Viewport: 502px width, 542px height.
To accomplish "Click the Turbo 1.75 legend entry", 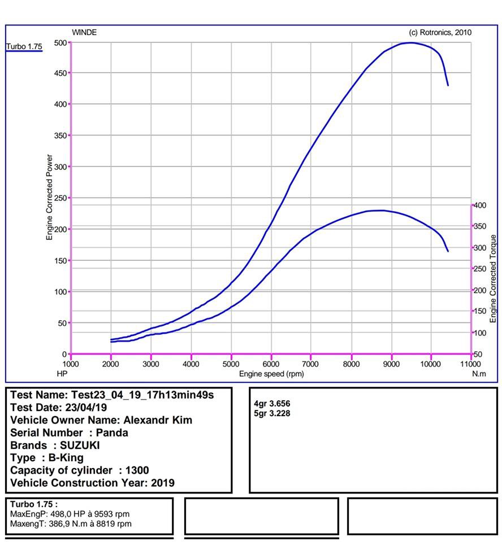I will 24,46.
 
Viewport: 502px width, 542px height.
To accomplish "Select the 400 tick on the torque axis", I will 480,206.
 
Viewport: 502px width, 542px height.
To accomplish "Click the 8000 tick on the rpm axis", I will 351,364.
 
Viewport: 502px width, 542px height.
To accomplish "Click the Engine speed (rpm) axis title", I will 271,374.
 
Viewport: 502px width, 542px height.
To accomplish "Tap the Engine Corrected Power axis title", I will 50,198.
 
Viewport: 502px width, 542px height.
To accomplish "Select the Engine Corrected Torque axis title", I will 493,278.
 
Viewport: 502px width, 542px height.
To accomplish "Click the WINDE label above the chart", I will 84,32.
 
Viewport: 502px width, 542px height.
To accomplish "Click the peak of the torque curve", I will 382,211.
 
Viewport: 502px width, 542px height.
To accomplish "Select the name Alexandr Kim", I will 157,420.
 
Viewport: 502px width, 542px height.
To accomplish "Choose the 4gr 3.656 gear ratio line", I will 274,404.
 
